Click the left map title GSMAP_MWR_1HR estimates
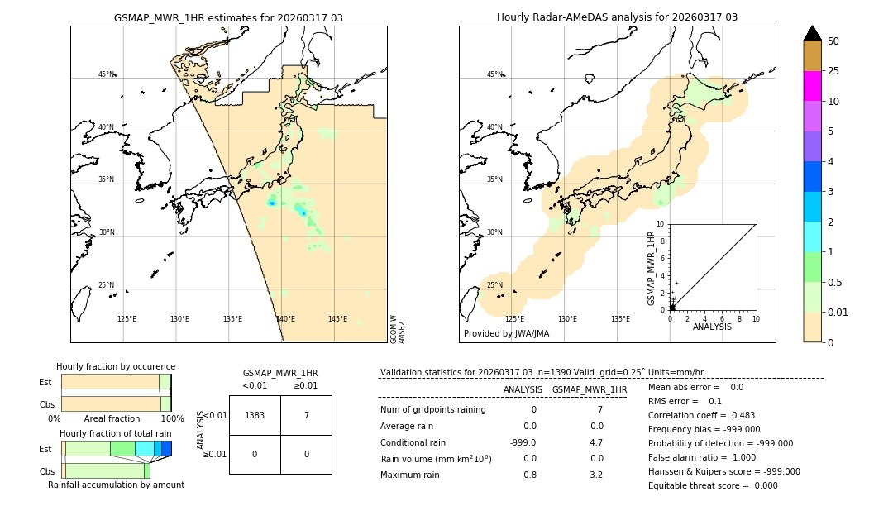(x=228, y=17)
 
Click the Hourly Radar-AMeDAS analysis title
(x=617, y=17)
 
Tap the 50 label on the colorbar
(x=833, y=41)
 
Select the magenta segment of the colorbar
(x=812, y=86)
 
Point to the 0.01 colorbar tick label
(x=838, y=312)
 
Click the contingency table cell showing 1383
(x=255, y=415)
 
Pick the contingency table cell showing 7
(x=306, y=415)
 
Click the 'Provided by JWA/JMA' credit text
(x=506, y=334)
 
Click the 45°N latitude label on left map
(x=106, y=74)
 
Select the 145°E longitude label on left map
(x=337, y=319)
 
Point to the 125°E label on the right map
(x=514, y=319)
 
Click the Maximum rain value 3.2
(x=595, y=475)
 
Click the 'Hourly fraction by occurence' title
(x=116, y=366)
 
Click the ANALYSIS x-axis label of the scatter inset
(x=713, y=327)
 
